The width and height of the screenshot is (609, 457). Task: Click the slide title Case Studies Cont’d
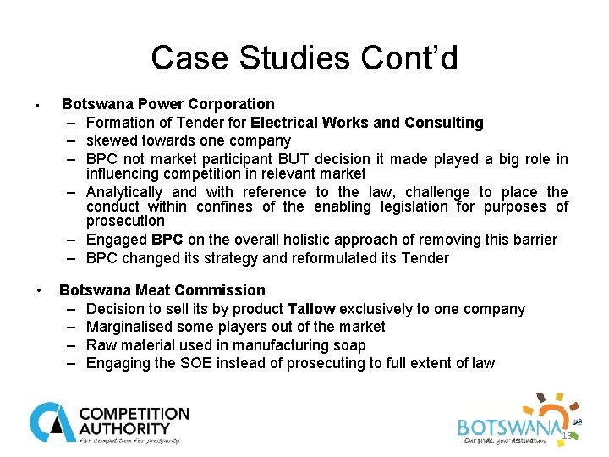point(304,58)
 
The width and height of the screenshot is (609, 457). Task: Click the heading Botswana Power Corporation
point(167,104)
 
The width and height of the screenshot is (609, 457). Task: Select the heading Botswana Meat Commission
point(162,290)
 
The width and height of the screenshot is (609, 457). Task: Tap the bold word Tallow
point(311,309)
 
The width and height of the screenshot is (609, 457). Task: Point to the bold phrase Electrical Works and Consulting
point(367,123)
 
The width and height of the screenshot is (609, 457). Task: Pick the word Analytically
point(124,192)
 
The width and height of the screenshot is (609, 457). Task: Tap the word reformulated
point(329,258)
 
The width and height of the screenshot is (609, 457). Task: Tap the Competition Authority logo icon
point(52,422)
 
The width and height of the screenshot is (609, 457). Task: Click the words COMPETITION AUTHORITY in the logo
point(134,421)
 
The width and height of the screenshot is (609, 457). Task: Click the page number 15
point(568,435)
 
